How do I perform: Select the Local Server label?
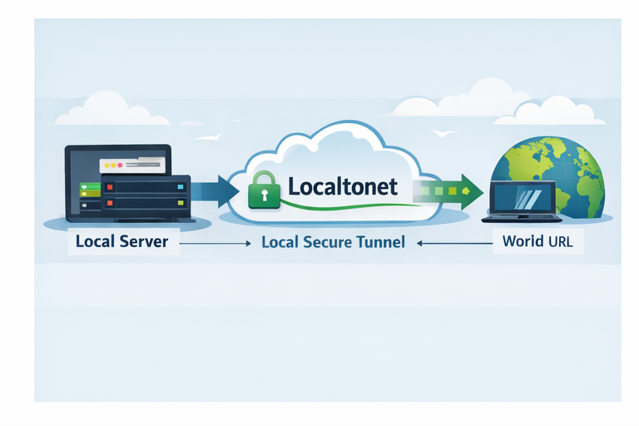tap(121, 242)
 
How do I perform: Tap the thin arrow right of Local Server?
tap(215, 243)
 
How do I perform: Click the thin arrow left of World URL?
tap(453, 243)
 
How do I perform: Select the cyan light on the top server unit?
tap(179, 186)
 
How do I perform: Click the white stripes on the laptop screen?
tap(527, 197)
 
